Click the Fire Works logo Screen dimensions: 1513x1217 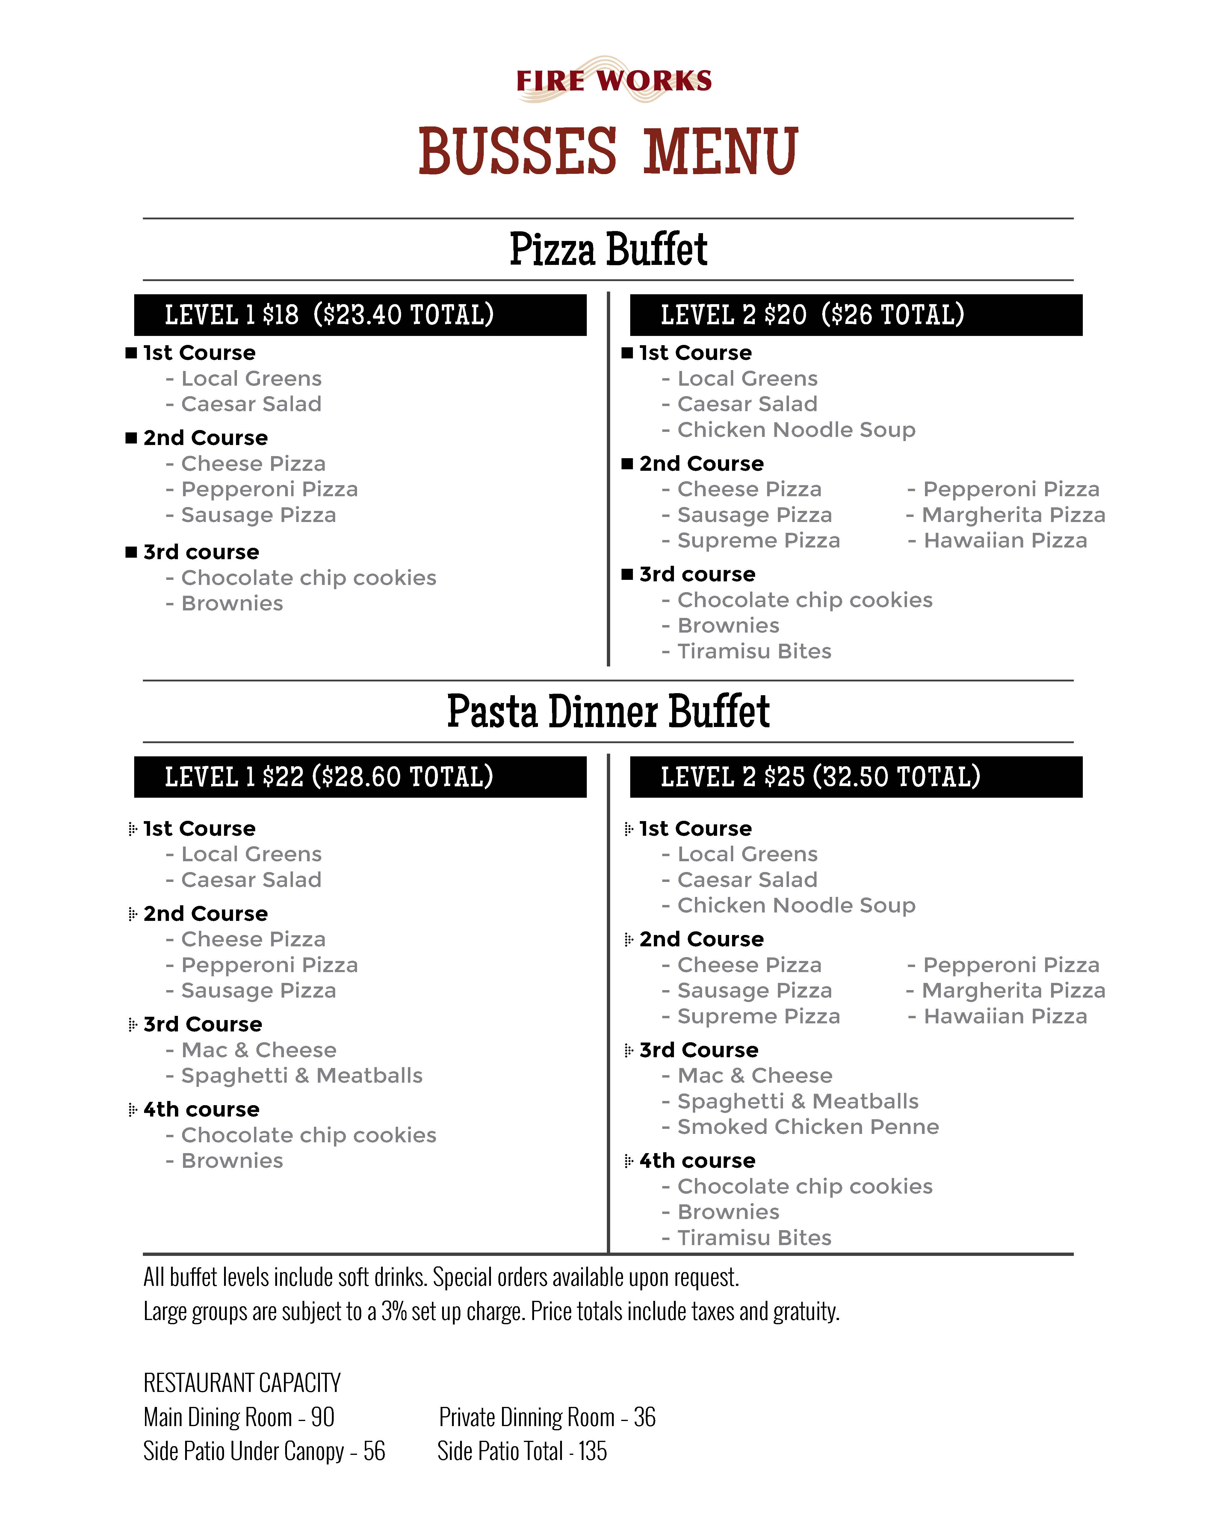coord(614,80)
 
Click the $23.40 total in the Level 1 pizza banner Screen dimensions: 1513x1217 coord(403,315)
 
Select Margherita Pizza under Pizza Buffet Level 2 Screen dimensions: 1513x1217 coord(1013,515)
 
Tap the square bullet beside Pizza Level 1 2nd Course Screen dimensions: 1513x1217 coord(131,438)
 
